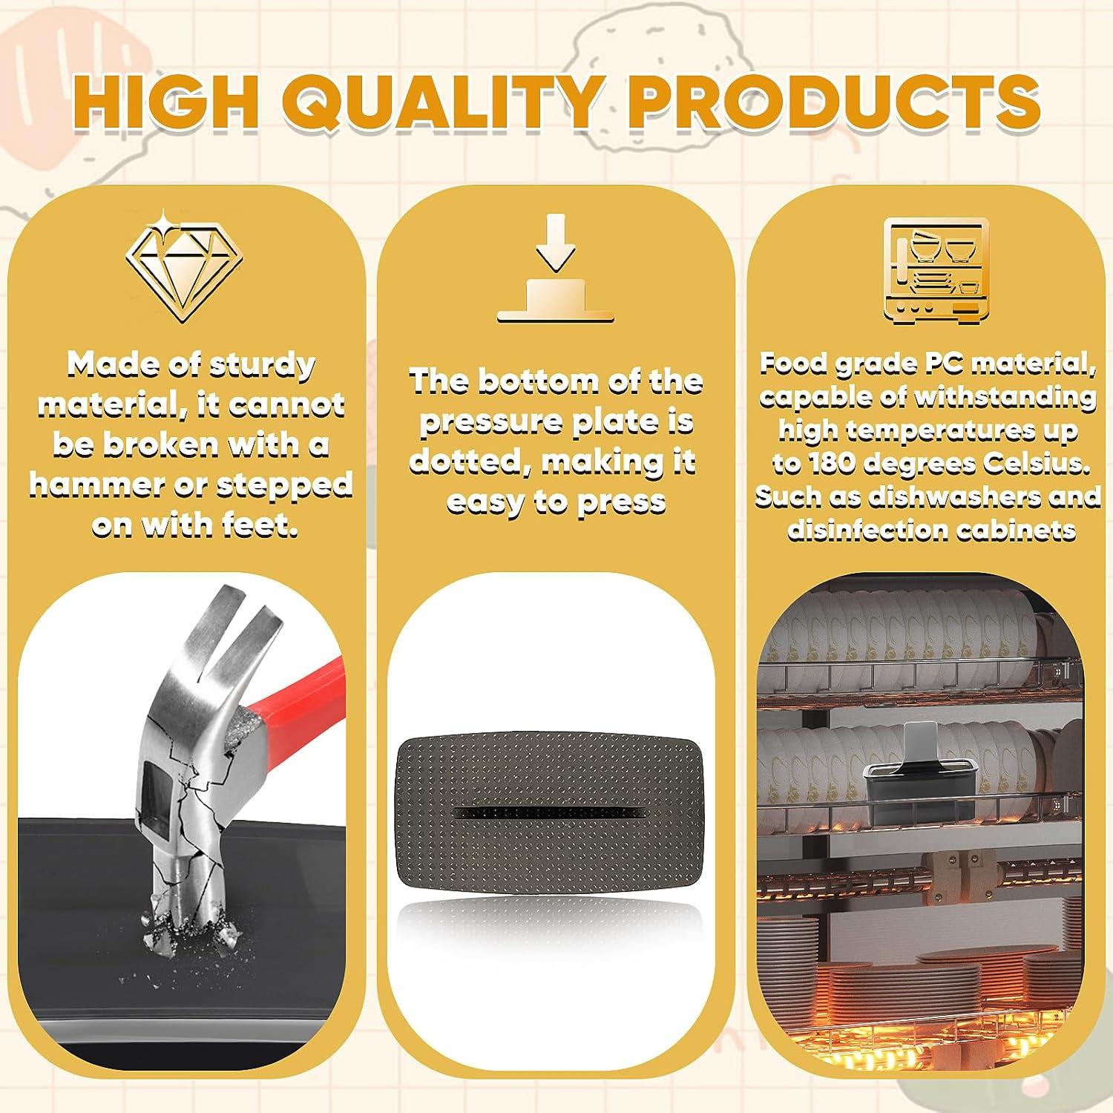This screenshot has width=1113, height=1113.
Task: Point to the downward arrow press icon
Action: point(556,269)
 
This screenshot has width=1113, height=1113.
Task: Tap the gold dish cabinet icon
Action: point(933,270)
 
